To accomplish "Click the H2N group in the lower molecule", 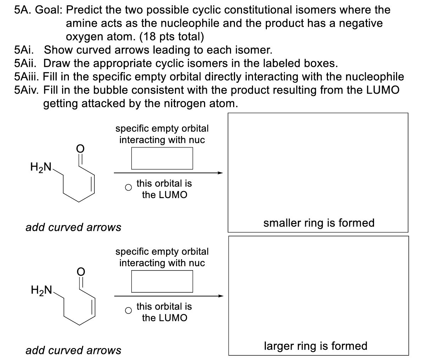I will pyautogui.click(x=42, y=290).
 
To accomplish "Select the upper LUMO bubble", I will pyautogui.click(x=128, y=187).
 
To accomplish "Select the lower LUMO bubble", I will pyautogui.click(x=128, y=310).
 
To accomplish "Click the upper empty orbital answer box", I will pyautogui.click(x=162, y=158).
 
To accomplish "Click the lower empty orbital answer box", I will pyautogui.click(x=162, y=281).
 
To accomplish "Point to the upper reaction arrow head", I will pyautogui.click(x=220, y=173).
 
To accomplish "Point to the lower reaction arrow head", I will pyautogui.click(x=220, y=296).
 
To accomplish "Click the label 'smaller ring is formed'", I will pyautogui.click(x=319, y=223).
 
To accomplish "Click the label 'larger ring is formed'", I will pyautogui.click(x=315, y=346).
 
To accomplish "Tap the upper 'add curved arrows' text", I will pyautogui.click(x=73, y=227).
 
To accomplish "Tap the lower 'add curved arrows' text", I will pyautogui.click(x=73, y=350).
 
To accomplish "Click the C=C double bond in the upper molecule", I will pyautogui.click(x=93, y=185).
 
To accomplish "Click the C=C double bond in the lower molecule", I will pyautogui.click(x=93, y=307).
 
